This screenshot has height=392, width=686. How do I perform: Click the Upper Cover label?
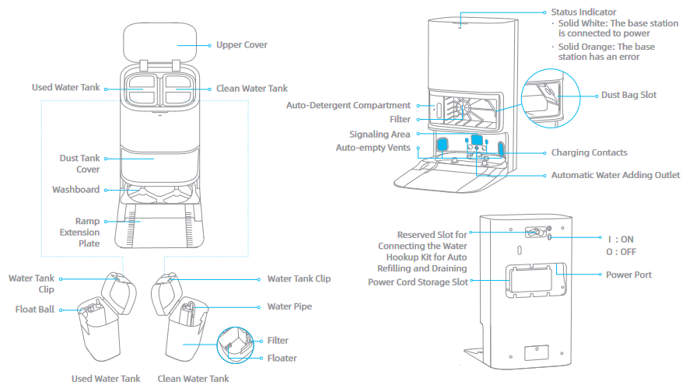[242, 45]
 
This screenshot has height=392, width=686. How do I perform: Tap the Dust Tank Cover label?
[79, 163]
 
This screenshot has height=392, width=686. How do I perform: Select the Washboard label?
[75, 190]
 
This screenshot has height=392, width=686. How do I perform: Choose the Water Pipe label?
[289, 306]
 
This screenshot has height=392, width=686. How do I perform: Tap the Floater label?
[282, 359]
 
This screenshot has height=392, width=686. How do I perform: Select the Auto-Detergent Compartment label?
[348, 105]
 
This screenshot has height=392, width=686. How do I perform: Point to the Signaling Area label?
[380, 134]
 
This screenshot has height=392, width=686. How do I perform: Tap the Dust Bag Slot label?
[628, 95]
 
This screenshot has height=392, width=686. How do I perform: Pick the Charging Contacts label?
[589, 153]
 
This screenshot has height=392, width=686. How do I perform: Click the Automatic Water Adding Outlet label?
[615, 176]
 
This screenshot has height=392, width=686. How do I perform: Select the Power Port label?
[628, 275]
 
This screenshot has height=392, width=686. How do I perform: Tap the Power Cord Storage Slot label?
[418, 282]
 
